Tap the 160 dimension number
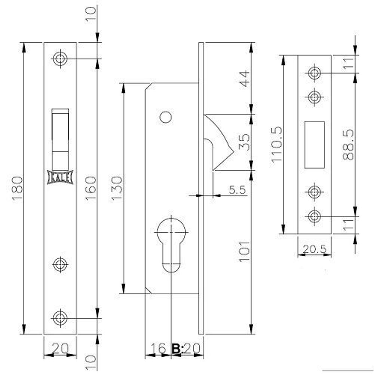(x=91, y=188)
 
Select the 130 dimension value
(x=117, y=188)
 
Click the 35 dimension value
(x=244, y=142)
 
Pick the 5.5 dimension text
(x=237, y=190)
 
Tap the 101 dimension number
(x=244, y=252)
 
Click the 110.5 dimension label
(x=276, y=144)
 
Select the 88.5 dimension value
(x=348, y=144)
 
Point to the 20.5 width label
(x=315, y=249)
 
